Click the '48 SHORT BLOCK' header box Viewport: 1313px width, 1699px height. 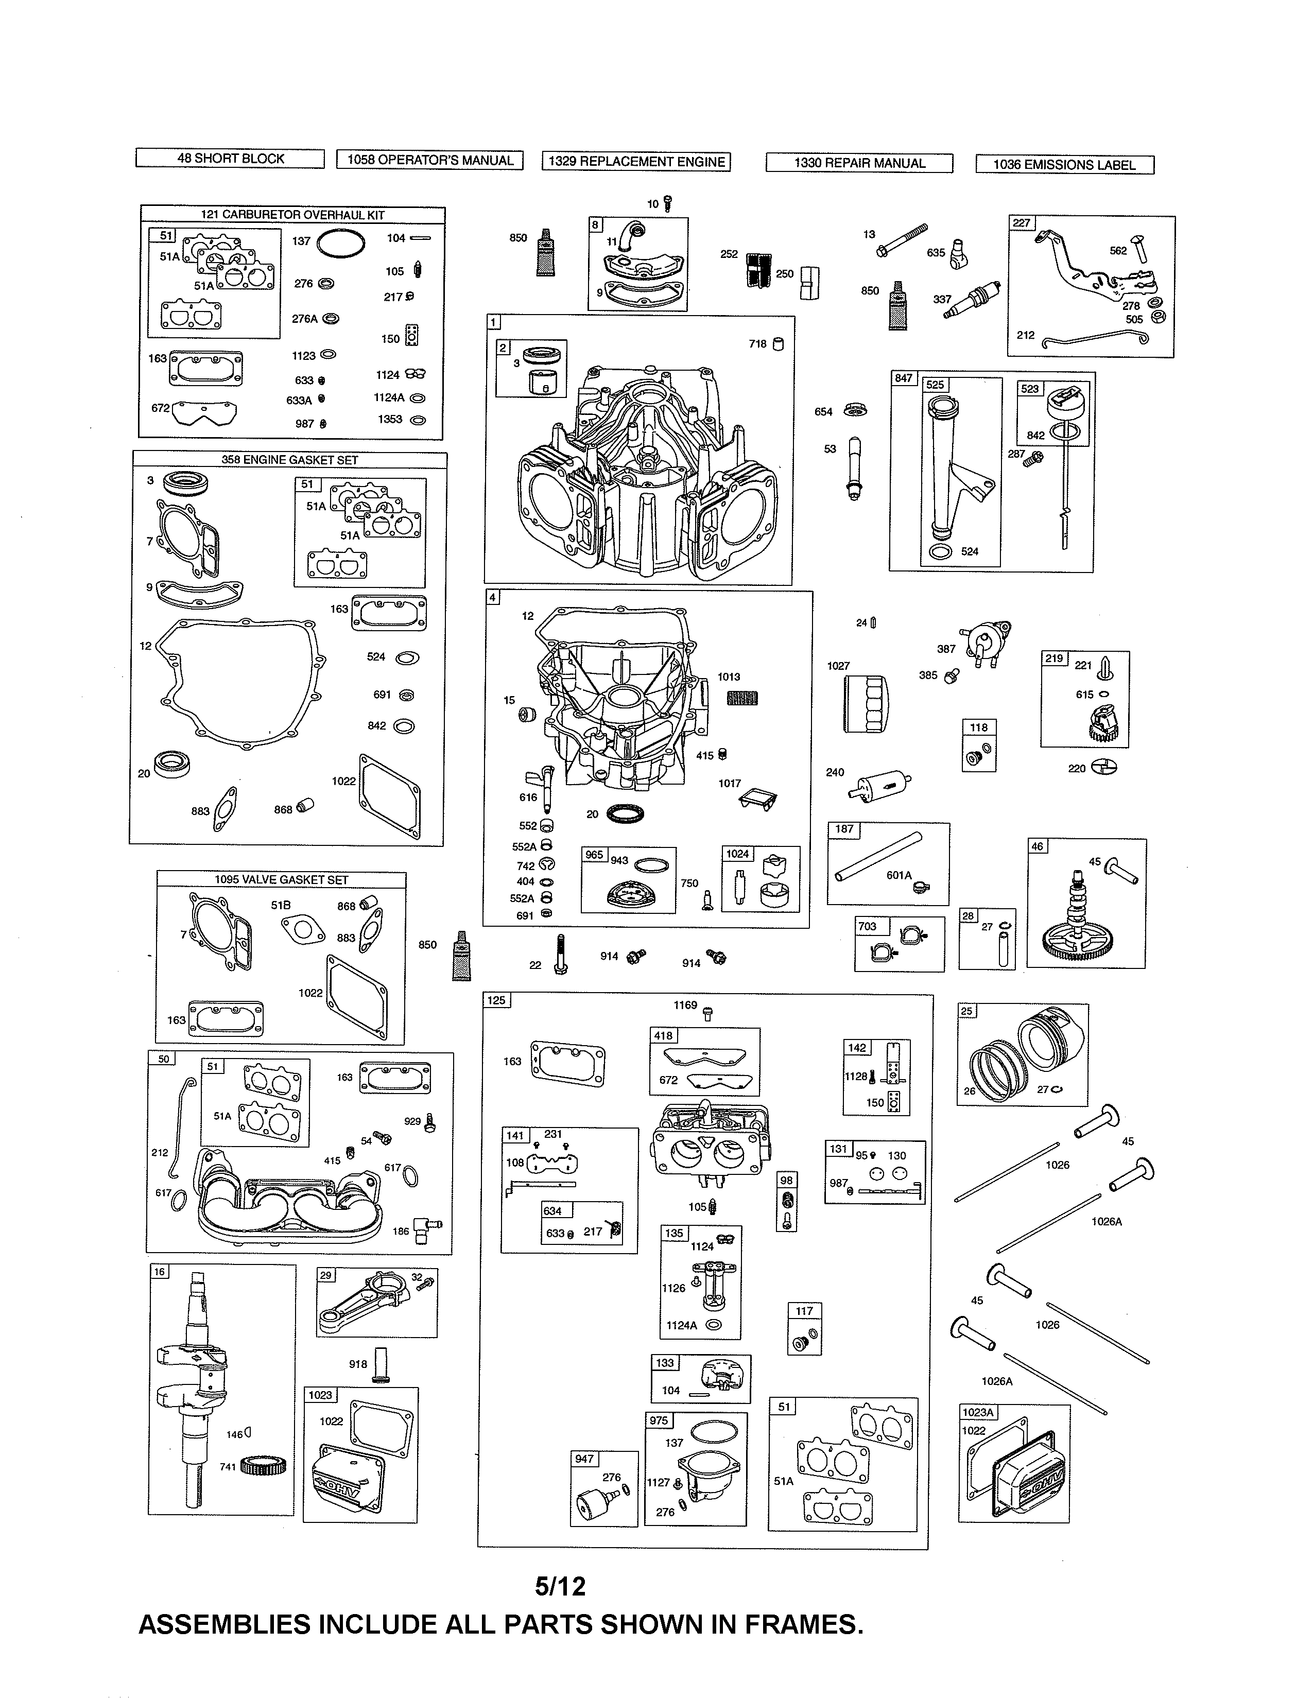(x=230, y=159)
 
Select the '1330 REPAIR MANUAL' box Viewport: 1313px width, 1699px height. (x=859, y=163)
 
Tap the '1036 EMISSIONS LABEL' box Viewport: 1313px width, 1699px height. (x=1064, y=165)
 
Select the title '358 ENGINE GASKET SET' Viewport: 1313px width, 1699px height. (x=289, y=460)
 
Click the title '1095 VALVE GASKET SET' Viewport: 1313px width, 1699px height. (x=282, y=880)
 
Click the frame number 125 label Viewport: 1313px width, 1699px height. (x=496, y=1000)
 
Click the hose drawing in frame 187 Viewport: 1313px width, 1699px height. (x=877, y=856)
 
